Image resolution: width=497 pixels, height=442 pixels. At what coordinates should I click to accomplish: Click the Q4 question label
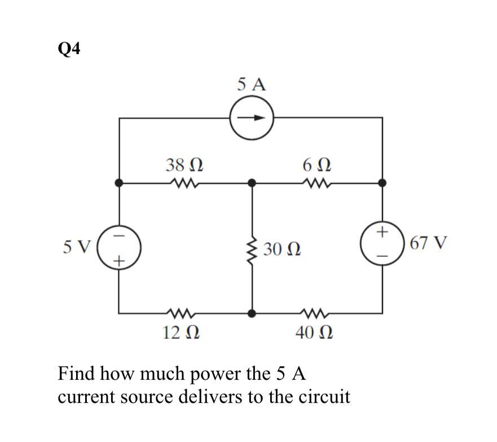(69, 50)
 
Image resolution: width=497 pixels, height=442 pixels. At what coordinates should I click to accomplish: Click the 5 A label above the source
(251, 85)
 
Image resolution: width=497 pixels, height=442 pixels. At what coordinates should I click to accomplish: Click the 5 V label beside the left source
(77, 246)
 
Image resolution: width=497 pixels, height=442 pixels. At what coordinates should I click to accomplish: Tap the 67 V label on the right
(429, 244)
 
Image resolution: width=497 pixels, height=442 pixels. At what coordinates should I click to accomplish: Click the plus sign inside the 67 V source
(382, 231)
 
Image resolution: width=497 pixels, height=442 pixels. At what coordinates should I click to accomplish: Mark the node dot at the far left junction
(118, 183)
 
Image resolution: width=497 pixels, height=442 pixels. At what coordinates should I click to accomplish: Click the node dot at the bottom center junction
(252, 313)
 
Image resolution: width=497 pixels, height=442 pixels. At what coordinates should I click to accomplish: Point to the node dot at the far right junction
(382, 183)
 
